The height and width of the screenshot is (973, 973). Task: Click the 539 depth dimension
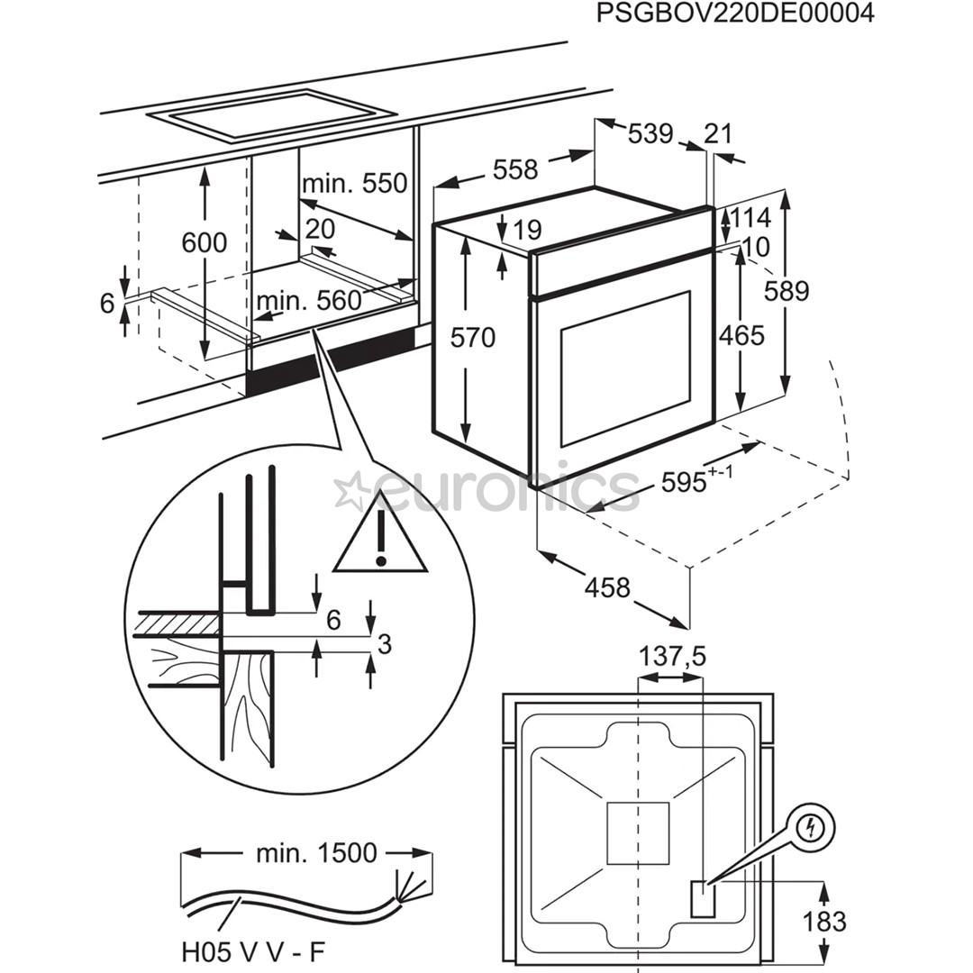(x=650, y=133)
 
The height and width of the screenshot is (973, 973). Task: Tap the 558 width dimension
(x=515, y=168)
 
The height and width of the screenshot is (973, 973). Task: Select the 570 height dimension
(x=474, y=338)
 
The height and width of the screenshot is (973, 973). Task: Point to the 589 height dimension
(x=787, y=290)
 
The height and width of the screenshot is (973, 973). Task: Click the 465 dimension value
(x=741, y=335)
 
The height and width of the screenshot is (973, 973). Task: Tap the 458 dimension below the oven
(x=607, y=587)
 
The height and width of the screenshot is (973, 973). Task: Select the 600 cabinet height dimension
(x=205, y=242)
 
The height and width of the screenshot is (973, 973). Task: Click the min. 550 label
(x=354, y=184)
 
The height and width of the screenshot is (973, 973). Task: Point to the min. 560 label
(x=308, y=300)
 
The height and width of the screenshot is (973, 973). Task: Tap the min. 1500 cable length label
(x=315, y=852)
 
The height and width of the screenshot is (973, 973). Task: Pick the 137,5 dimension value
(x=672, y=658)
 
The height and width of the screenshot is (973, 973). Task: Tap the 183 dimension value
(x=824, y=922)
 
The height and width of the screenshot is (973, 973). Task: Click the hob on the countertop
(x=271, y=114)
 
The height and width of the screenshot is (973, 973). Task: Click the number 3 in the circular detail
(x=384, y=644)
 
